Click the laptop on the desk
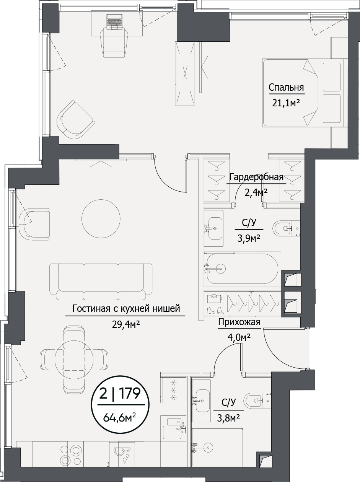[x=114, y=22]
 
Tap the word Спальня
[x=286, y=88]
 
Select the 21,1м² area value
[x=286, y=103]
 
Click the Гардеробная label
[x=256, y=177]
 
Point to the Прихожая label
[x=239, y=322]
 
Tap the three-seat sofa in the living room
[x=101, y=282]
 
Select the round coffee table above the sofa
[x=101, y=219]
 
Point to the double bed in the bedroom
[x=305, y=93]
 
